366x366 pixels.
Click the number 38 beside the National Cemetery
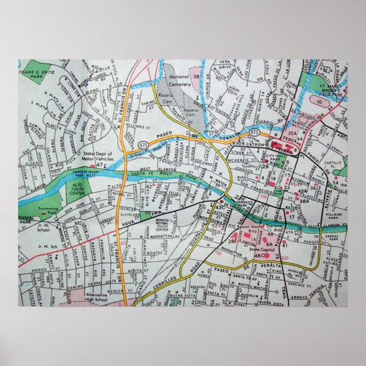(196, 76)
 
